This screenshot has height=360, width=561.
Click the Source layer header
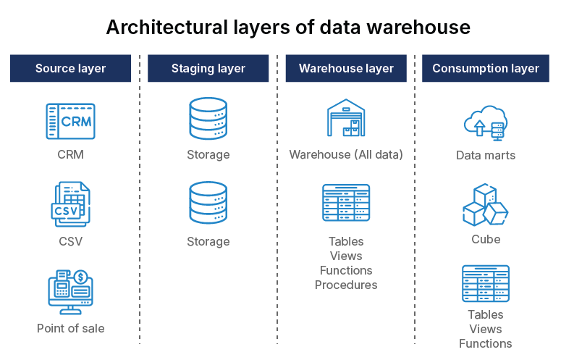[70, 69]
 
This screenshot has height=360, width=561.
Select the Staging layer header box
[208, 69]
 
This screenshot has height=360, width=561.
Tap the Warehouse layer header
[346, 69]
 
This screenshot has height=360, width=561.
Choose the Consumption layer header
[485, 69]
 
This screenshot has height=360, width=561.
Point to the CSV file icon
[70, 206]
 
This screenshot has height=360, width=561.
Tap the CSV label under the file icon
[70, 241]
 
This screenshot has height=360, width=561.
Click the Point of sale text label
[70, 328]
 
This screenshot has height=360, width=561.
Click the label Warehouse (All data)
[346, 154]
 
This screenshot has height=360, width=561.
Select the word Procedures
[346, 285]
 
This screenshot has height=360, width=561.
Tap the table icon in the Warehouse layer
[346, 203]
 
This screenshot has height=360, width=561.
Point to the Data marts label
[485, 155]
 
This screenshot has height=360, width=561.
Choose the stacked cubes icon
[485, 206]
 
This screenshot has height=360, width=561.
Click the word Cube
[485, 239]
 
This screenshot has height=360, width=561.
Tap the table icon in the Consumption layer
[485, 283]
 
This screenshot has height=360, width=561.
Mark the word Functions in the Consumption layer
[485, 343]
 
